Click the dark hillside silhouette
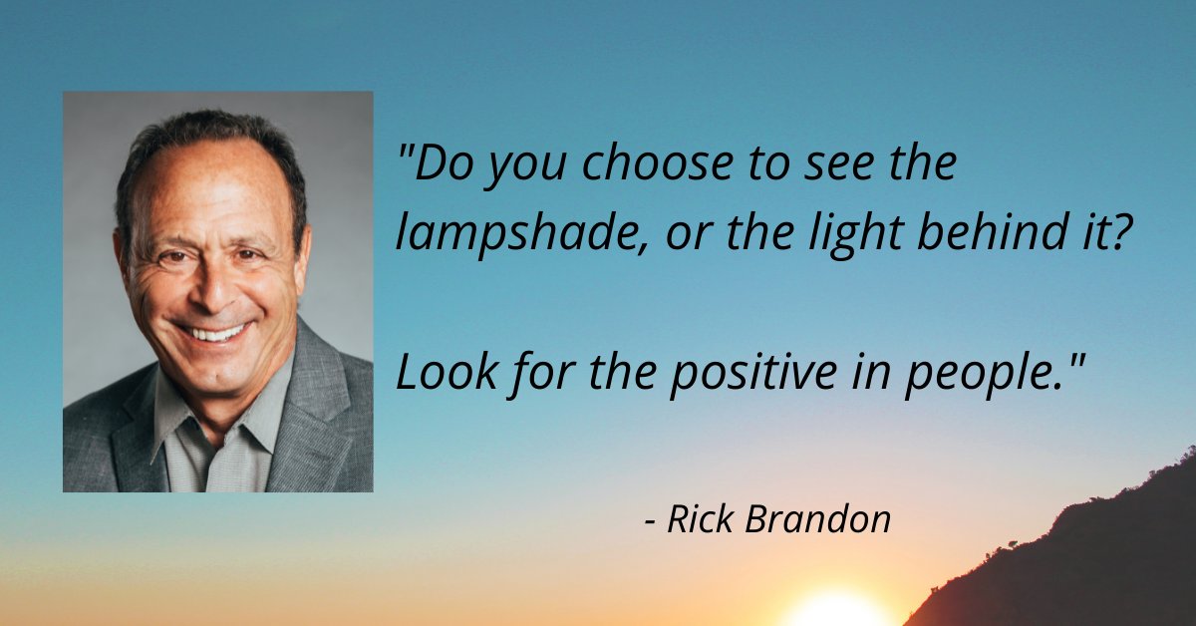tap(1096, 558)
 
